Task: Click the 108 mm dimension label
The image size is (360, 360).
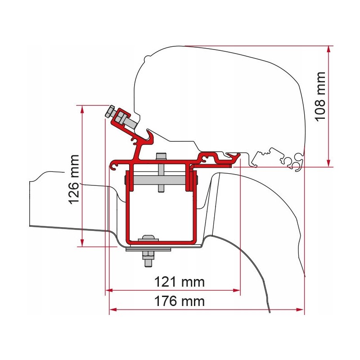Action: click(x=320, y=96)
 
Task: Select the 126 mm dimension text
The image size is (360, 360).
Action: click(x=74, y=179)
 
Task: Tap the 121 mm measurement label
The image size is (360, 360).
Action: click(x=180, y=282)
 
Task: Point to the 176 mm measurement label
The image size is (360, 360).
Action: click(x=180, y=301)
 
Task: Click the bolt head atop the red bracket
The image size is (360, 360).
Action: click(x=160, y=157)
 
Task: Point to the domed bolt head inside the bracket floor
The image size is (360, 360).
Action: click(x=147, y=238)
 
